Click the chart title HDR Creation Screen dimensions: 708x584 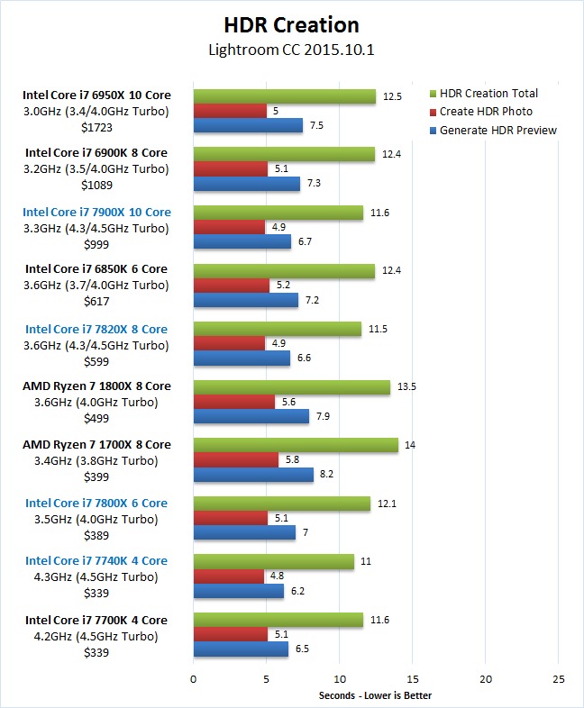[x=291, y=25]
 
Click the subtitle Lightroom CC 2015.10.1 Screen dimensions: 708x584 [x=291, y=49]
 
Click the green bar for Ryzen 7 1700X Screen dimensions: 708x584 [x=296, y=445]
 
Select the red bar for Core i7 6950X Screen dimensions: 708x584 [x=230, y=111]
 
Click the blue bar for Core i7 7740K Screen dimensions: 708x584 [x=239, y=591]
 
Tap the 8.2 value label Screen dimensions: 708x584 [x=328, y=475]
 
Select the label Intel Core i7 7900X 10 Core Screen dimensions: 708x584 [x=96, y=212]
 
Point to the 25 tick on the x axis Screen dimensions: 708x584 [x=558, y=678]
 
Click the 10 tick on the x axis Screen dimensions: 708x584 [x=339, y=678]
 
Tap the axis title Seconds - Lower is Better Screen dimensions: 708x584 [x=375, y=694]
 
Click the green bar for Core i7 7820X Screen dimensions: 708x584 [x=278, y=329]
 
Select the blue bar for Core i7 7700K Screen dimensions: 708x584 [x=241, y=649]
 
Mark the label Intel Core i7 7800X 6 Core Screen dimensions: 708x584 [x=96, y=503]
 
